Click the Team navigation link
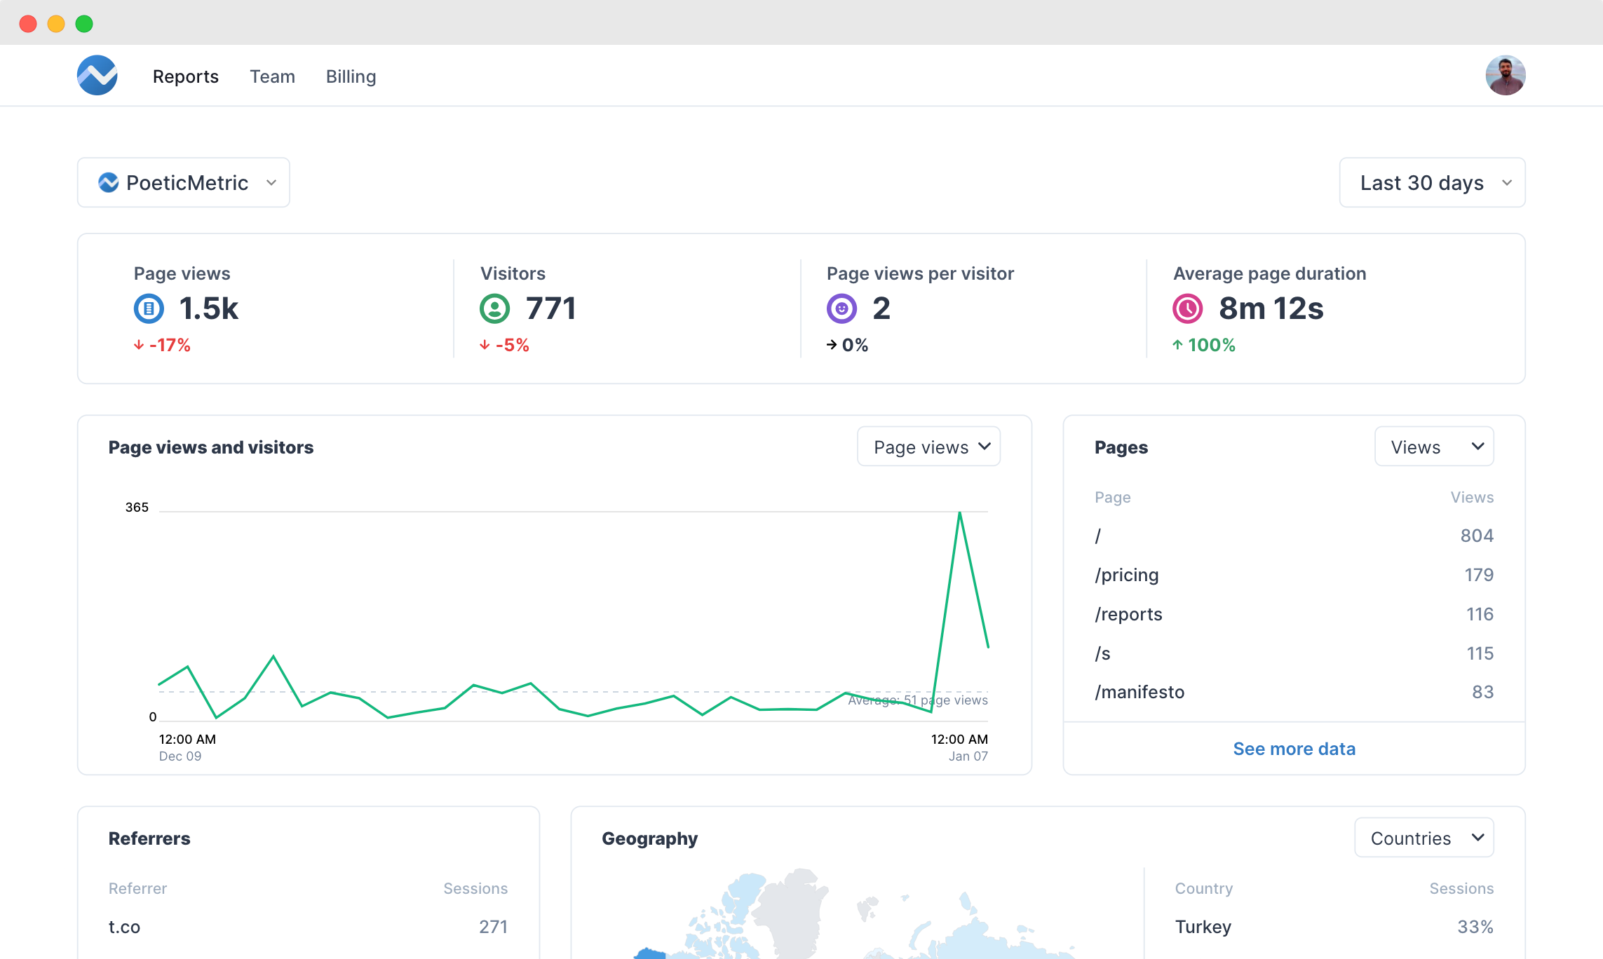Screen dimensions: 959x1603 (272, 76)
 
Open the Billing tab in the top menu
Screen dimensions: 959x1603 (351, 76)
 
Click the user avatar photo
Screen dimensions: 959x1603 (1505, 75)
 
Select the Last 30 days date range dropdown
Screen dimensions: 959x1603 (1432, 182)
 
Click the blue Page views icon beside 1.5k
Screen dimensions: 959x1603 (149, 308)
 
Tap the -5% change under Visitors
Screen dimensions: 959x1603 (505, 345)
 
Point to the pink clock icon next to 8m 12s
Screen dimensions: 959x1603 (1187, 308)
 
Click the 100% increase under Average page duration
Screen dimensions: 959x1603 (1205, 345)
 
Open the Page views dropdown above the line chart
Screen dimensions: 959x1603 (928, 447)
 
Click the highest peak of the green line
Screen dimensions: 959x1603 (959, 513)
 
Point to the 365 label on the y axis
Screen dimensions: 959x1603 (137, 507)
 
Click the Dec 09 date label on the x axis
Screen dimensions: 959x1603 (180, 756)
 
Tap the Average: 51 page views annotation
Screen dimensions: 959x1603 (917, 700)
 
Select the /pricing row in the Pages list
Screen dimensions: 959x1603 (1127, 575)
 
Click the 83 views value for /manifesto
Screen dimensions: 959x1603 (1482, 692)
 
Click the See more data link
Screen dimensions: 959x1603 (1294, 749)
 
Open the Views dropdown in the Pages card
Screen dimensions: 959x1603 (1434, 447)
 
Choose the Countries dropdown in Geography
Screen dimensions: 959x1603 (1423, 838)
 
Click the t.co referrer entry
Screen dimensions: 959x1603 (125, 927)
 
